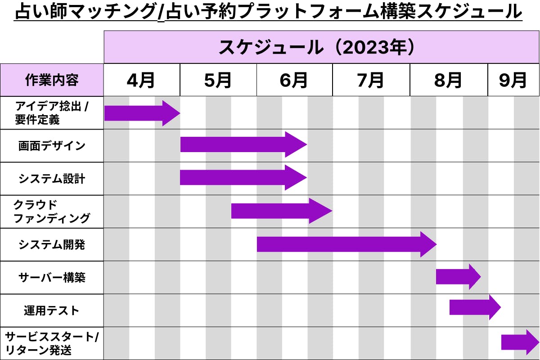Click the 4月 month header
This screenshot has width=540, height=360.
pyautogui.click(x=141, y=80)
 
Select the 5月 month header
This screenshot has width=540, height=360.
pyautogui.click(x=218, y=80)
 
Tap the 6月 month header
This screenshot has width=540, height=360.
pyautogui.click(x=293, y=80)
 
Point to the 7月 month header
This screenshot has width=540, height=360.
pyautogui.click(x=370, y=80)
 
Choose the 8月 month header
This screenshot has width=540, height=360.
pyautogui.click(x=448, y=80)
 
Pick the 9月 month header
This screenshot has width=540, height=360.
pyautogui.click(x=513, y=80)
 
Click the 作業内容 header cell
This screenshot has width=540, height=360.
pyautogui.click(x=52, y=80)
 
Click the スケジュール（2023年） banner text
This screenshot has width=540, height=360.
pyautogui.click(x=316, y=47)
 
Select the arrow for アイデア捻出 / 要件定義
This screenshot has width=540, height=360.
pyautogui.click(x=142, y=113)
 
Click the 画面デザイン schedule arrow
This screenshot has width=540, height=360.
pyautogui.click(x=243, y=144)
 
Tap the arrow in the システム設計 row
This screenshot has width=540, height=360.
pyautogui.click(x=243, y=177)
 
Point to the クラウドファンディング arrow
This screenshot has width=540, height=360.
pyautogui.click(x=282, y=211)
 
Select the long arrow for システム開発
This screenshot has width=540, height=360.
pyautogui.click(x=346, y=244)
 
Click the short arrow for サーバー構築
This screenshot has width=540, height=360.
pyautogui.click(x=458, y=277)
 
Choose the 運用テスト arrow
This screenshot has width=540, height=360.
pyautogui.click(x=475, y=307)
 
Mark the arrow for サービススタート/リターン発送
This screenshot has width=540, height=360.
pyautogui.click(x=520, y=342)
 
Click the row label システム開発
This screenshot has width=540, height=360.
pyautogui.click(x=52, y=245)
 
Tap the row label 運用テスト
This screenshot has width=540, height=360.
pyautogui.click(x=52, y=310)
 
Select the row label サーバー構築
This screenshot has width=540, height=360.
pyautogui.click(x=52, y=278)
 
